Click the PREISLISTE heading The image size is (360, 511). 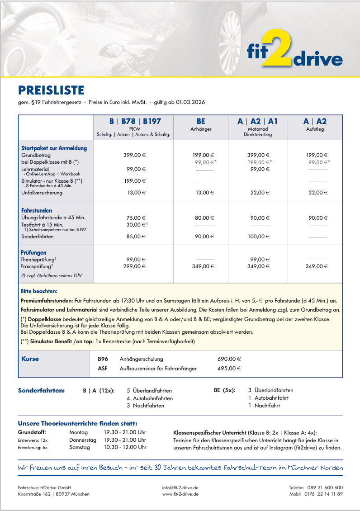point(51,90)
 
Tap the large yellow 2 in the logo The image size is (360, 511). point(277,49)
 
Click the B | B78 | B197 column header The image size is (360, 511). point(135,122)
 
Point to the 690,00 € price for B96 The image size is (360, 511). point(229,359)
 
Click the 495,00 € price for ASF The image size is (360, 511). point(229,369)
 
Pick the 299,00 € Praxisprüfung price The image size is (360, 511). point(135,267)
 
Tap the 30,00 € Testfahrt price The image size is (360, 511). point(136,224)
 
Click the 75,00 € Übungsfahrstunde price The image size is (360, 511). point(135,218)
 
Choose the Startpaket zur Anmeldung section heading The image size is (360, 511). point(54,148)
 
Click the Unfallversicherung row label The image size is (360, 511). point(42,193)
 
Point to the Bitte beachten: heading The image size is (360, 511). point(39,291)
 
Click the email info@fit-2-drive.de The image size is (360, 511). point(180,487)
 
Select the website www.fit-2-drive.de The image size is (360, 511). point(180,494)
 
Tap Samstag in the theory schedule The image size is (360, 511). point(80,447)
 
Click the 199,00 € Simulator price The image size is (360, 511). point(135,181)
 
